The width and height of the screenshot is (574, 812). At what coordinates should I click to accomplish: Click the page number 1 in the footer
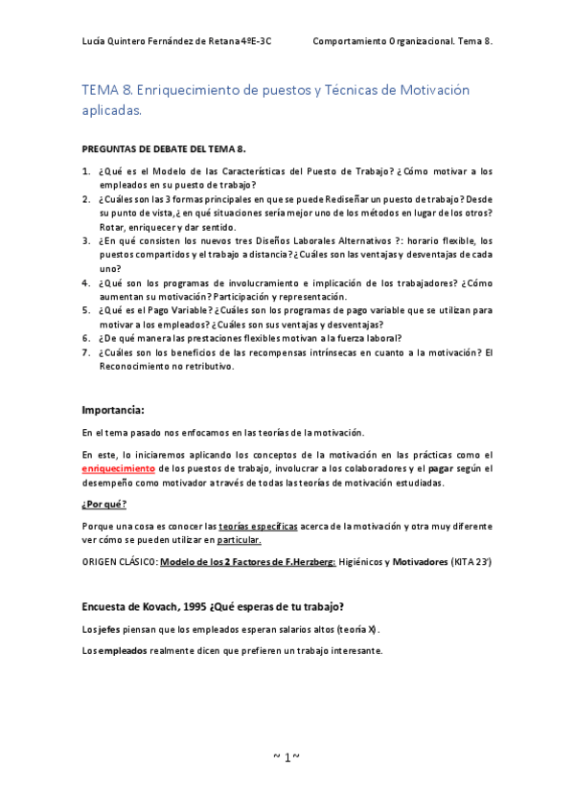pos(287,756)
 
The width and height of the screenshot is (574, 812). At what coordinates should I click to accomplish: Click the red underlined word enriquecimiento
pos(118,469)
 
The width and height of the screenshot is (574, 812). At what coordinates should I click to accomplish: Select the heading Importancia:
pos(113,410)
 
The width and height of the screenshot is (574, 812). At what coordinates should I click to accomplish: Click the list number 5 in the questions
pos(86,311)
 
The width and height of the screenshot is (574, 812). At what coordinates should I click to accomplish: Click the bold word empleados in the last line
pos(121,650)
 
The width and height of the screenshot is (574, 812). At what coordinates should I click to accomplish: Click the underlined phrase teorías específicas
pos(257,527)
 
